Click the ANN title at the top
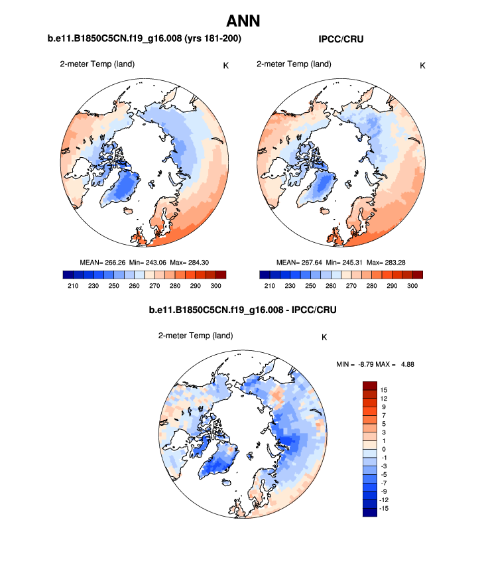click(x=243, y=21)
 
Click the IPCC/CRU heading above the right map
click(x=341, y=40)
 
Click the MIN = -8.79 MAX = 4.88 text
click(x=375, y=363)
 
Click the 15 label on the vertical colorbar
click(x=384, y=389)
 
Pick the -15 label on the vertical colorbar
click(x=385, y=509)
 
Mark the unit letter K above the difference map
click(x=324, y=337)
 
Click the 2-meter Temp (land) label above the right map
click(x=294, y=64)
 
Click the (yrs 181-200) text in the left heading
click(x=205, y=40)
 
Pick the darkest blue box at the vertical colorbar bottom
click(x=370, y=511)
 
